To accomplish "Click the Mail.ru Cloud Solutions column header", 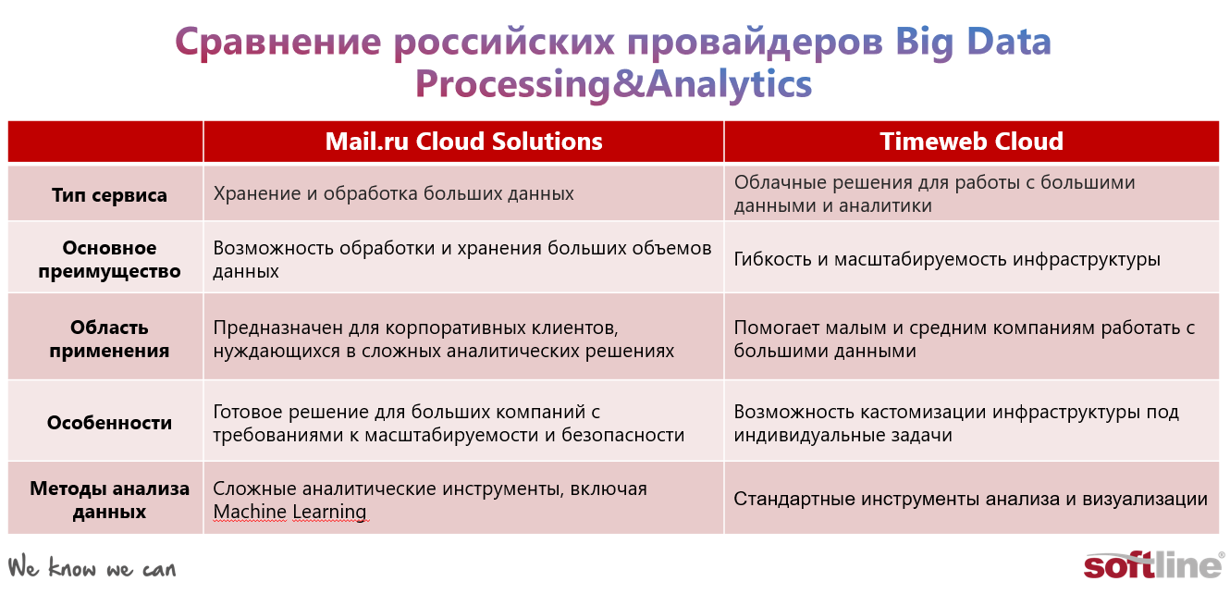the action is click(x=463, y=142).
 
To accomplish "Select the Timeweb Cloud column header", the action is click(x=971, y=142).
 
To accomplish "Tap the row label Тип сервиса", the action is click(x=109, y=195).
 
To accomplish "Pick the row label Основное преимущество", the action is click(x=109, y=259).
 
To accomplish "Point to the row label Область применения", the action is click(x=109, y=339).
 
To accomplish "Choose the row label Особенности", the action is click(x=109, y=423).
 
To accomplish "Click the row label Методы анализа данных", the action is click(x=109, y=500).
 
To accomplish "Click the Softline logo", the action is click(x=1153, y=565).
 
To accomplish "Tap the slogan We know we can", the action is click(x=92, y=567).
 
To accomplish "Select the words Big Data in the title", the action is click(x=973, y=43).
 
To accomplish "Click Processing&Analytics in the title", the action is click(x=613, y=84).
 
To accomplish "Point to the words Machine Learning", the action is click(x=290, y=512).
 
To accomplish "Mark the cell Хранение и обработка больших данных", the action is click(x=393, y=193).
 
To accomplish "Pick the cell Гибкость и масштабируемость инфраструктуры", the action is click(x=947, y=259).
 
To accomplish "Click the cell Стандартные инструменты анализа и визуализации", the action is click(x=970, y=499).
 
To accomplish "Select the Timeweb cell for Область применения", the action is click(x=965, y=339).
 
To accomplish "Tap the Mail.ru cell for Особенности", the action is click(x=449, y=423).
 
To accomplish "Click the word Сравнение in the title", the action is click(x=278, y=43).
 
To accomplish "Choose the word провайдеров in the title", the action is click(x=755, y=43).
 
